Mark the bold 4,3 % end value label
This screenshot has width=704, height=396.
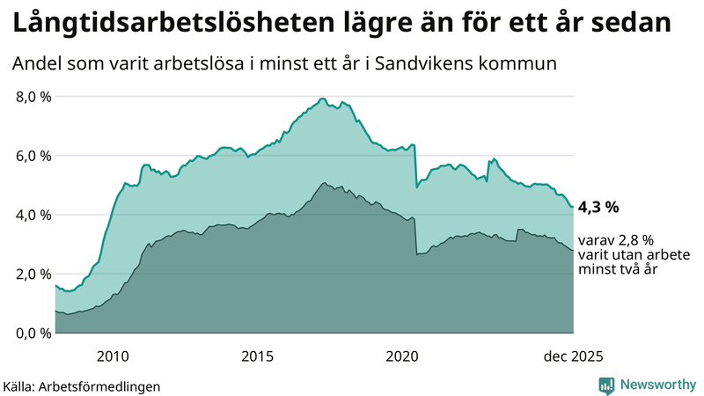click(x=598, y=208)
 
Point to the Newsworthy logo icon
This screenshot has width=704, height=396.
click(x=606, y=385)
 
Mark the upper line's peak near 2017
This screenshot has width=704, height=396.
click(x=323, y=98)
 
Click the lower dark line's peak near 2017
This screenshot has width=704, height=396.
click(x=325, y=183)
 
